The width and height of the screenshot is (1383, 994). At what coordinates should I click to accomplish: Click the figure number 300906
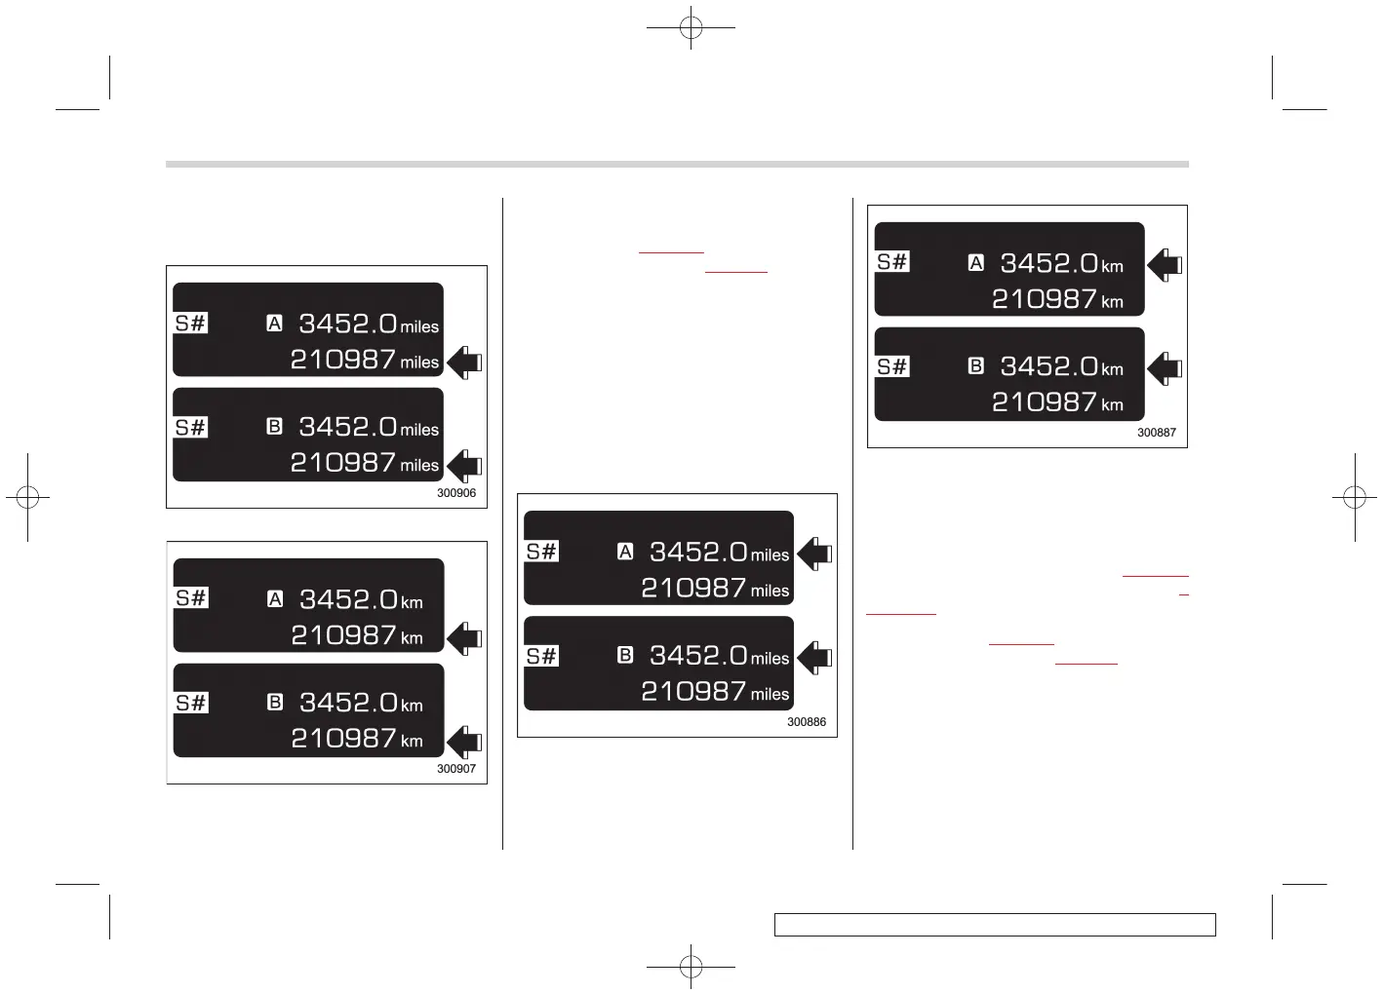[456, 493]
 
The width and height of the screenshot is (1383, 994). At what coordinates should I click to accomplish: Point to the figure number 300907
[456, 769]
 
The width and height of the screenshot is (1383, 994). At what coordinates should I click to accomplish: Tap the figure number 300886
[807, 722]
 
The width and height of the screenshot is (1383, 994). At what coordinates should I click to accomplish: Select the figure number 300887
[1157, 433]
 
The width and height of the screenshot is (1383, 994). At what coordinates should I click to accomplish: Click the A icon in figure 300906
[275, 323]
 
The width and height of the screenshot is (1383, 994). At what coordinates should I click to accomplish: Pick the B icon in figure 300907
[275, 702]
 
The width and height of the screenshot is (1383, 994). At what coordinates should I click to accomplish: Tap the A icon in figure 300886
[625, 552]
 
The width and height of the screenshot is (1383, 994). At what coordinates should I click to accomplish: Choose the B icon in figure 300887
[975, 365]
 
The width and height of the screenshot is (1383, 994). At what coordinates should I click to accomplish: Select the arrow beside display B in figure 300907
[464, 742]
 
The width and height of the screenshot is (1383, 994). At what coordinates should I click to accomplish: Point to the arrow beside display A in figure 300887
[1165, 264]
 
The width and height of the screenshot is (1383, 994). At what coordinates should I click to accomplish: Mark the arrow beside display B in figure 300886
[814, 658]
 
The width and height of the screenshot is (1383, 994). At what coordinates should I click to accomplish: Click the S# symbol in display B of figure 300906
[191, 427]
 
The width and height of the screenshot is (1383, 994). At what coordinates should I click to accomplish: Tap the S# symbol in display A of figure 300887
[892, 261]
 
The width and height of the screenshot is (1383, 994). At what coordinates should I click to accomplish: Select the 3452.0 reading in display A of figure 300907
[349, 599]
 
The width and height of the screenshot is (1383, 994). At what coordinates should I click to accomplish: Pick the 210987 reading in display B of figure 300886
[693, 692]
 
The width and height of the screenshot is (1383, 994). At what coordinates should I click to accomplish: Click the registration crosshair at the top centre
[691, 28]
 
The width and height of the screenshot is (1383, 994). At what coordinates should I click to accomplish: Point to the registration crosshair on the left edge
[27, 497]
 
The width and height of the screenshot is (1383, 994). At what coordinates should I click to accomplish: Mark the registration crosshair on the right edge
[1354, 497]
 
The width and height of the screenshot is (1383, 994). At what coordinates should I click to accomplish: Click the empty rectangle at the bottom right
[995, 925]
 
